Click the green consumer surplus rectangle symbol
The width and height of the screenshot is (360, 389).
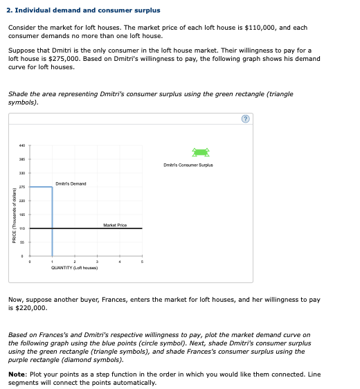click(x=201, y=152)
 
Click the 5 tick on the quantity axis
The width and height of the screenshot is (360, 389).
click(x=142, y=262)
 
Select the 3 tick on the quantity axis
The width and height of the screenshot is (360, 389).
click(x=97, y=262)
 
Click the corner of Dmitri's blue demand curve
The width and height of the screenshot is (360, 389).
click(x=53, y=188)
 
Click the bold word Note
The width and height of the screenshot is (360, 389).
click(x=17, y=374)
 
